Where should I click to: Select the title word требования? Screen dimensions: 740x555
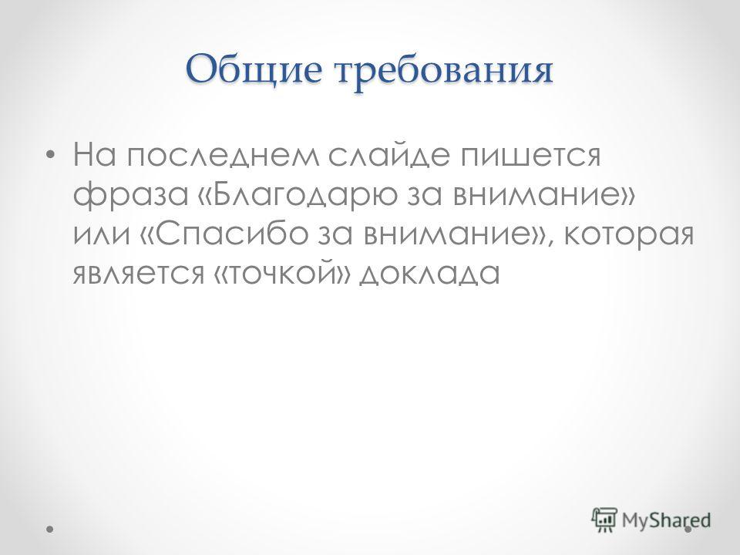point(444,71)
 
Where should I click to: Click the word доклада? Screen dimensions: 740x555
point(429,274)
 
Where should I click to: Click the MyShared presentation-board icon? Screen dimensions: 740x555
point(604,520)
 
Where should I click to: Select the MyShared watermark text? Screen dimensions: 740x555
point(666,520)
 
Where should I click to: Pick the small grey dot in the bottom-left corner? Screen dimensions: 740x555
point(49,530)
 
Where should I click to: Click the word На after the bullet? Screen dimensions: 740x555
point(94,155)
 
